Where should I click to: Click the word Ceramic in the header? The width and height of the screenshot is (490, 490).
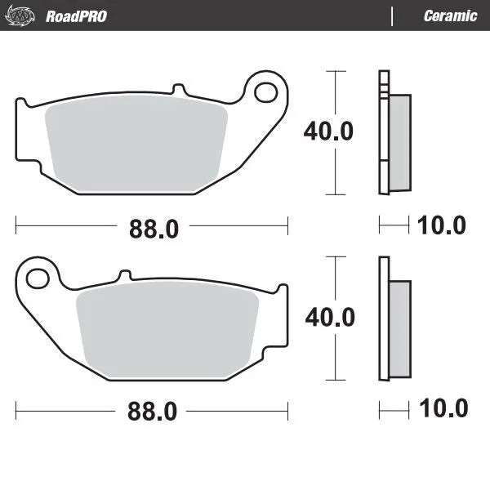pyautogui.click(x=450, y=16)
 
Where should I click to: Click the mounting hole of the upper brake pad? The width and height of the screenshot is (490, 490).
pyautogui.click(x=265, y=91)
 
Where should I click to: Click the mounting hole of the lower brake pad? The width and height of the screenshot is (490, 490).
pyautogui.click(x=38, y=278)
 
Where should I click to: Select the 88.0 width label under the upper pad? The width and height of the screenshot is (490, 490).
pyautogui.click(x=153, y=229)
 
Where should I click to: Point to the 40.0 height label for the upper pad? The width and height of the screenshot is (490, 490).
pyautogui.click(x=328, y=131)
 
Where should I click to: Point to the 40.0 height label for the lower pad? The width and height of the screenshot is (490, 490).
pyautogui.click(x=329, y=317)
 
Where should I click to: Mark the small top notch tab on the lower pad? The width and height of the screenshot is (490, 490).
pyautogui.click(x=125, y=276)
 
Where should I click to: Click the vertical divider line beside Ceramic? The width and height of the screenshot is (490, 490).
pyautogui.click(x=393, y=16)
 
